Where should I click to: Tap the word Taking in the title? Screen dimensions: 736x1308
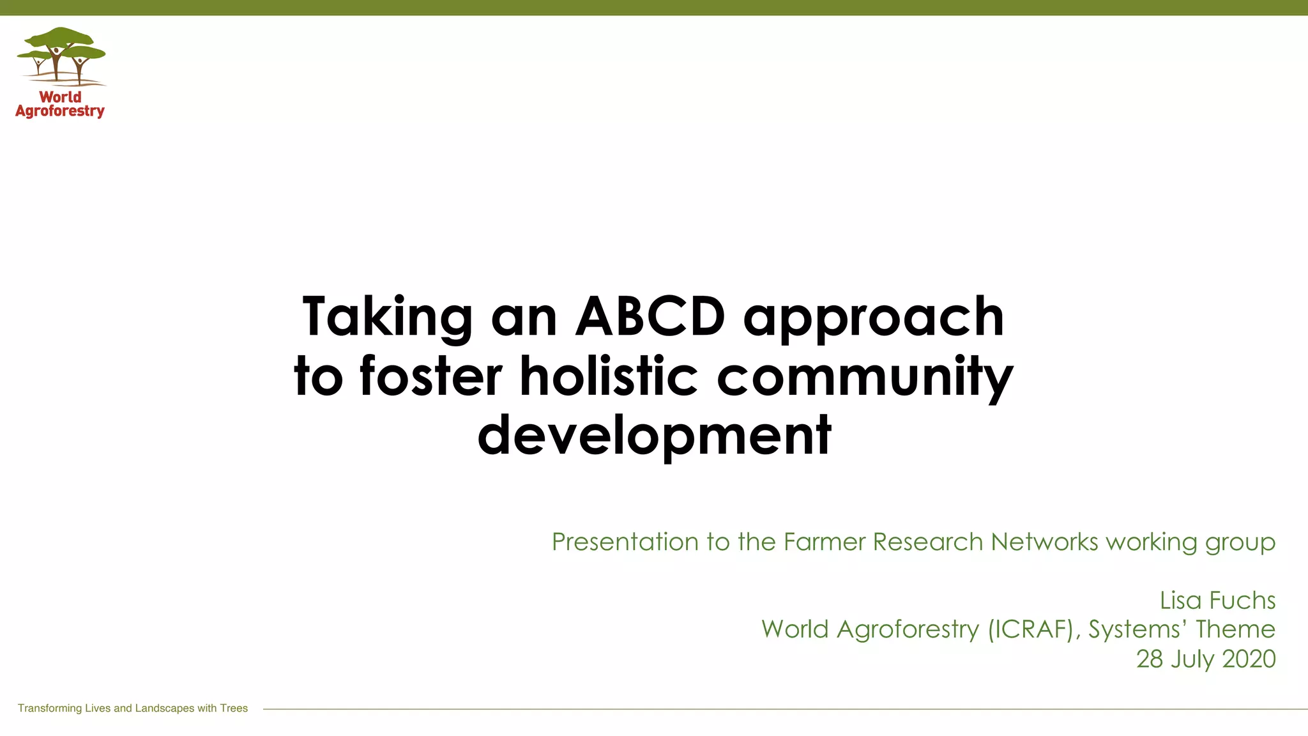(x=387, y=318)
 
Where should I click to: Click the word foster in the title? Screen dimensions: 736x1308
(x=431, y=376)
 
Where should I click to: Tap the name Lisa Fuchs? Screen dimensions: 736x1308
(x=1217, y=601)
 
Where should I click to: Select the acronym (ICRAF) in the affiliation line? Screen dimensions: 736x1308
(x=1031, y=630)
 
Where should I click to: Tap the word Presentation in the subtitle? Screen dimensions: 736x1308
(x=625, y=542)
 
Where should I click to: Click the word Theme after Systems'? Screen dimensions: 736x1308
(x=1235, y=630)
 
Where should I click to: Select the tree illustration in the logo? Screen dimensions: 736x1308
(x=61, y=56)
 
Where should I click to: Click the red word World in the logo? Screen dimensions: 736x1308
(x=60, y=97)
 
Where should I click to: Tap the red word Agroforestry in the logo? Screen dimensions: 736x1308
(x=60, y=112)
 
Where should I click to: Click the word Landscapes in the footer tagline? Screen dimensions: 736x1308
(x=164, y=709)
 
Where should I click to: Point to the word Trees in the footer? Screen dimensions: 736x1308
(x=234, y=709)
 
